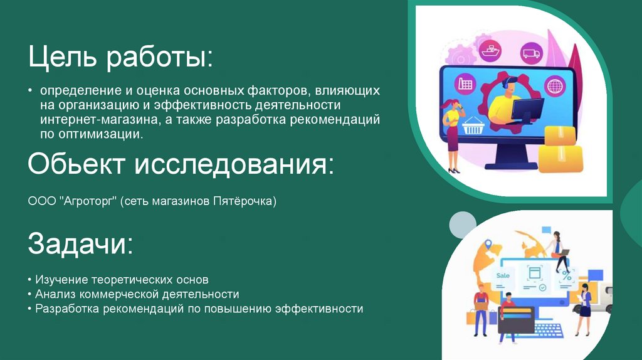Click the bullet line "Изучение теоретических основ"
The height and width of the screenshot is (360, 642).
click(x=122, y=279)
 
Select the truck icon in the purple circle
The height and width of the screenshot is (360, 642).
click(x=530, y=54)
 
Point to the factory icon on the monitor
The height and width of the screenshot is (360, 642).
click(x=466, y=83)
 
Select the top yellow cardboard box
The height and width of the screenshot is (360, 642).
click(x=559, y=135)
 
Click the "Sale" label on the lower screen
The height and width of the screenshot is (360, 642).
click(x=503, y=275)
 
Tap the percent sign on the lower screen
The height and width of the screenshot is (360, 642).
click(x=566, y=275)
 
